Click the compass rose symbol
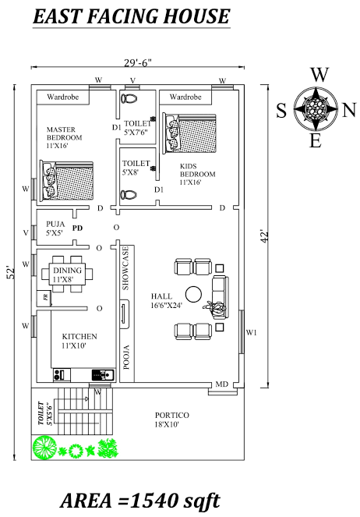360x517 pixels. [x=316, y=108]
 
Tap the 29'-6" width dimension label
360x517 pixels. [x=138, y=62]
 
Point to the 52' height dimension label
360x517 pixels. [x=11, y=272]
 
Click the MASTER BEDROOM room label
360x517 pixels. [x=64, y=133]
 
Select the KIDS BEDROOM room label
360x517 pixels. [x=197, y=170]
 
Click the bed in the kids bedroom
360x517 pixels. [x=189, y=133]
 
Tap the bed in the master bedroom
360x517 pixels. [x=66, y=181]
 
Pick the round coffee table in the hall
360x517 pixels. [x=193, y=295]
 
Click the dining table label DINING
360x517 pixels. [x=67, y=271]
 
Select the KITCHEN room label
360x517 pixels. [x=79, y=337]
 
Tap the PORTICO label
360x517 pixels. [x=172, y=415]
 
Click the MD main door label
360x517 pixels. [x=221, y=384]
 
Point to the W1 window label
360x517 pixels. [x=252, y=333]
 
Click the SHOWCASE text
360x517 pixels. [x=125, y=268]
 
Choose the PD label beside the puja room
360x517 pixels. [x=77, y=228]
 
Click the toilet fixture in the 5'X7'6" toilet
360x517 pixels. [x=129, y=98]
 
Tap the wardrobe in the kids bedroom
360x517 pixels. [x=185, y=97]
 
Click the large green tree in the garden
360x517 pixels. [x=44, y=447]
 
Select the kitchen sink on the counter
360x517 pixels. [x=102, y=374]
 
